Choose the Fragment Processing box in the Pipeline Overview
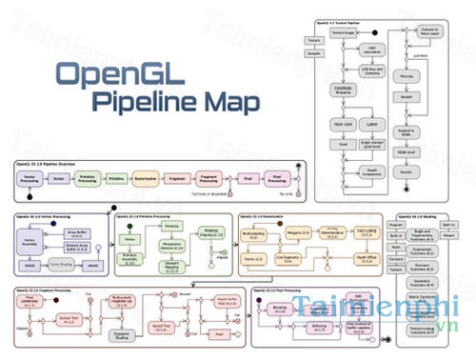point(210,177)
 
